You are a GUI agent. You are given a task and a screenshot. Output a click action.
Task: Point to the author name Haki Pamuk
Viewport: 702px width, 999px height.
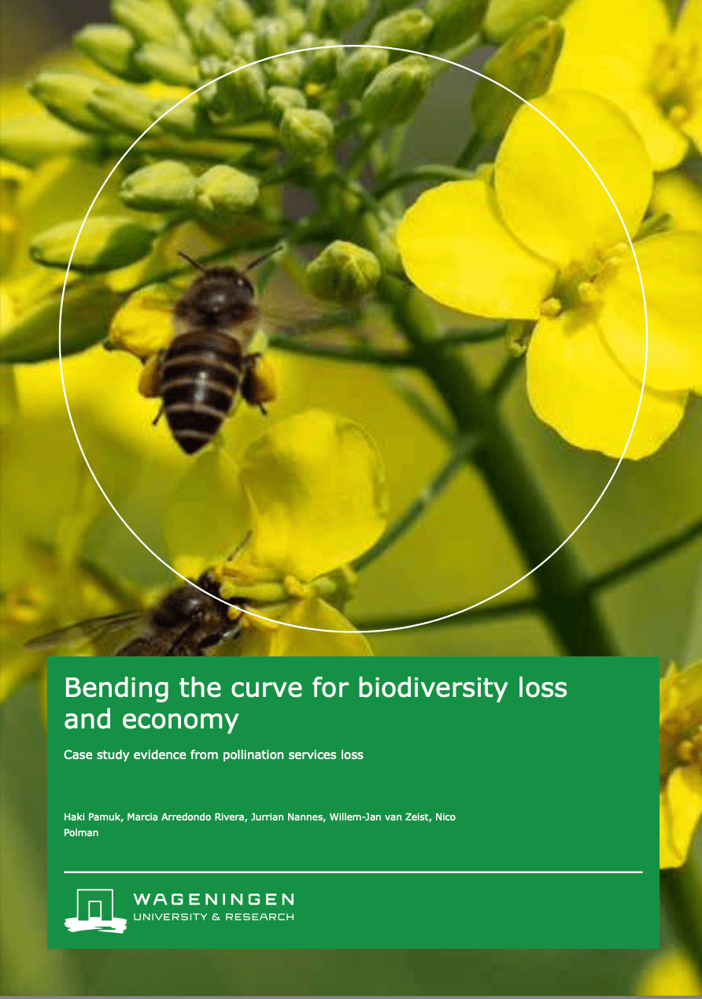[92, 817]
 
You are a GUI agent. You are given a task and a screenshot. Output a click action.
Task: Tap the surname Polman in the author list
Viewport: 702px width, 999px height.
[81, 832]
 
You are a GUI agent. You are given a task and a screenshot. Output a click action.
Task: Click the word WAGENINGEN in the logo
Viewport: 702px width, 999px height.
[213, 899]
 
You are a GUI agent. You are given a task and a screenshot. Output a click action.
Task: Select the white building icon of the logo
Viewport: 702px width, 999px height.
[95, 910]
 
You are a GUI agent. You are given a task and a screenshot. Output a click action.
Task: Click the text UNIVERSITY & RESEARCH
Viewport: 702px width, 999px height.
[213, 917]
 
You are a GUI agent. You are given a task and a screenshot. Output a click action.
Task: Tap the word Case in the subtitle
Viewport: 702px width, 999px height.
[76, 755]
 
